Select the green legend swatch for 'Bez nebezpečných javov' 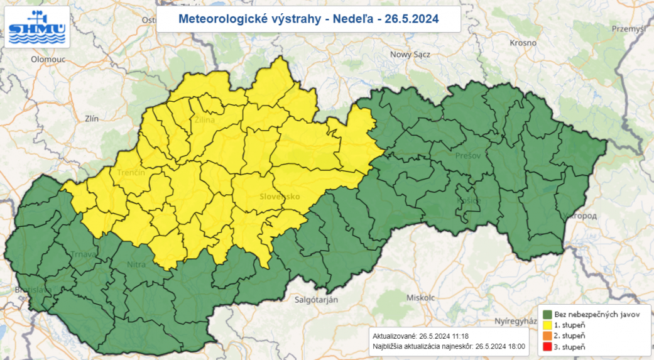coord(548,314)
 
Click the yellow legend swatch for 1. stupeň coord(548,325)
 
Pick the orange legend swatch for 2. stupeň coord(548,336)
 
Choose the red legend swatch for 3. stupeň coord(548,347)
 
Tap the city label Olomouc coord(49,59)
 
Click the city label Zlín coord(92,117)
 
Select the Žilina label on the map coord(205,119)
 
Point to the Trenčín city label coord(131,172)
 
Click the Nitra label coord(136,265)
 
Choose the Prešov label coord(467,155)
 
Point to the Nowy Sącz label coord(410,55)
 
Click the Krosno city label coord(523,43)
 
